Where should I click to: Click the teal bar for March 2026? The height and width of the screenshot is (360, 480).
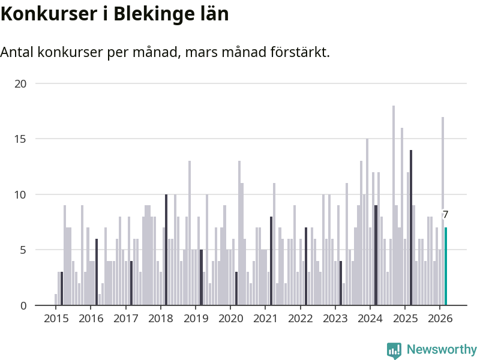pyautogui.click(x=446, y=266)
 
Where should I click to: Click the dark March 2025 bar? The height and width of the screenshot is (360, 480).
pyautogui.click(x=411, y=228)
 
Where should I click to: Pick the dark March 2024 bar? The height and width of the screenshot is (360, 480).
pyautogui.click(x=376, y=256)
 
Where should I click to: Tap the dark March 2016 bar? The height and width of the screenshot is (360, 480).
pyautogui.click(x=97, y=272)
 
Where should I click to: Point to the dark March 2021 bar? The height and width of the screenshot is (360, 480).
pyautogui.click(x=271, y=261)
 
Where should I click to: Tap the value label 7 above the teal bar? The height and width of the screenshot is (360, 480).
pyautogui.click(x=445, y=215)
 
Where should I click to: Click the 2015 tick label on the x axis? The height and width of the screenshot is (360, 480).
pyautogui.click(x=56, y=318)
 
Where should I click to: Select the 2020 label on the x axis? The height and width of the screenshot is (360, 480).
pyautogui.click(x=230, y=318)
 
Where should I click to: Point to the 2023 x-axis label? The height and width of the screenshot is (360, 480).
pyautogui.click(x=335, y=318)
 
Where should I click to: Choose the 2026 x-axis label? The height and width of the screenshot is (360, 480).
pyautogui.click(x=440, y=318)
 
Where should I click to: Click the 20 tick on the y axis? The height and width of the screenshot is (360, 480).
pyautogui.click(x=21, y=83)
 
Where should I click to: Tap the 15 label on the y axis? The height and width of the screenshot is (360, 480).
pyautogui.click(x=21, y=139)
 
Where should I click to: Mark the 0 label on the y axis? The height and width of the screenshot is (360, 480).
pyautogui.click(x=23, y=305)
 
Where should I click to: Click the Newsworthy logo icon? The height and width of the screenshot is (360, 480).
pyautogui.click(x=394, y=350)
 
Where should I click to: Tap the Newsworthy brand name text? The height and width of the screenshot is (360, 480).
pyautogui.click(x=442, y=350)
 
